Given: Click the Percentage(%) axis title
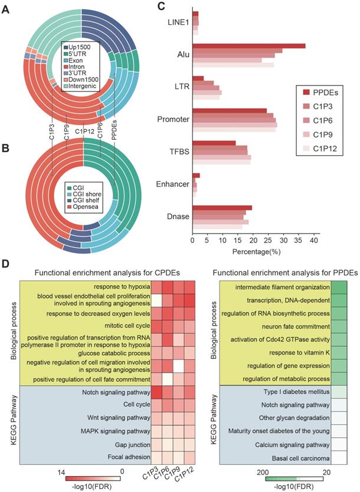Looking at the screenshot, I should click(256, 252).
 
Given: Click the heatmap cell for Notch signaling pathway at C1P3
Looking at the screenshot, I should click(158, 391).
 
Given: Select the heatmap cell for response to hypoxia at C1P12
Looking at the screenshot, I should click(189, 287).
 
